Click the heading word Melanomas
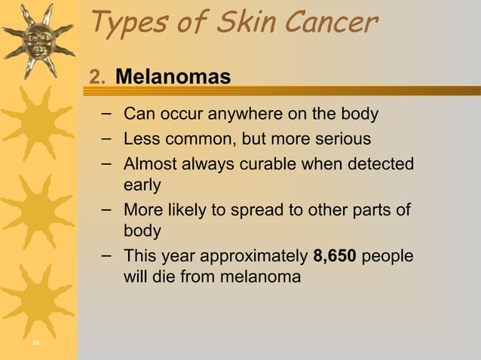tap(173, 77)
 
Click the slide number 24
tap(36, 343)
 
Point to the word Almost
tap(148, 163)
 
